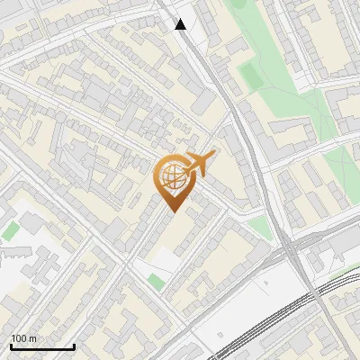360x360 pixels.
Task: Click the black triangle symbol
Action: [181, 24]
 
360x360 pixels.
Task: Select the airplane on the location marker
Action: [200, 164]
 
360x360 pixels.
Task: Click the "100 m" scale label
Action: [24, 338]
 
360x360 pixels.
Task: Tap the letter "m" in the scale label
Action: [33, 338]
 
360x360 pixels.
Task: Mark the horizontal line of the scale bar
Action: [42, 347]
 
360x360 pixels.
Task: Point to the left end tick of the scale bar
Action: [11, 346]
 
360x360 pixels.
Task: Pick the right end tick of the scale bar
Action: [74, 346]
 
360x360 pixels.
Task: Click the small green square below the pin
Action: [157, 282]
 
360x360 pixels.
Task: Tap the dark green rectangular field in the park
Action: [251, 78]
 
